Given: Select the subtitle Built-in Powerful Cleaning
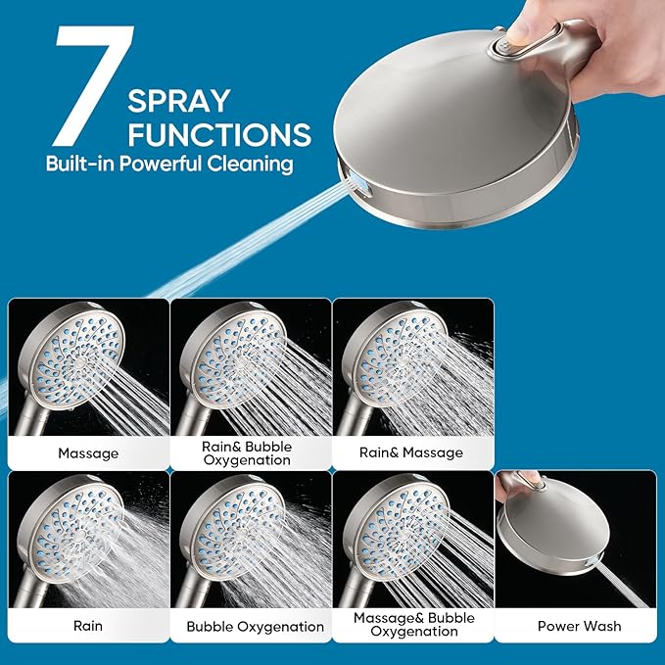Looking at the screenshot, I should tap(169, 164).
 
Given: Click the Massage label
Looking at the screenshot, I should tap(88, 453).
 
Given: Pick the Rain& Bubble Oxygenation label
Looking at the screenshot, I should tap(250, 453).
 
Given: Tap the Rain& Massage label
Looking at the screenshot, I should tap(411, 452).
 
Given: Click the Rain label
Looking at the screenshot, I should tap(88, 625).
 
